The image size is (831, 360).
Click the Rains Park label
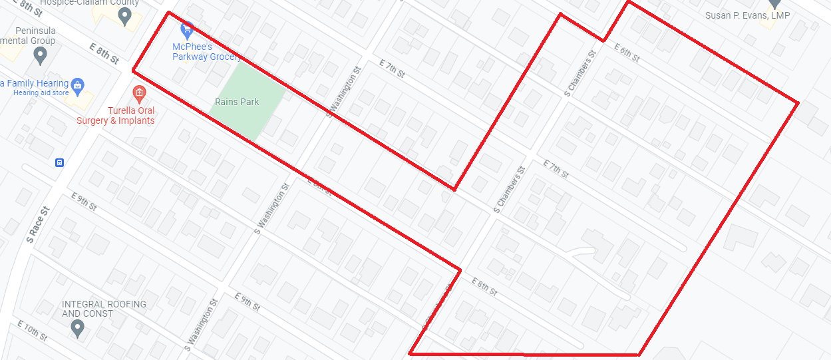[x=237, y=102]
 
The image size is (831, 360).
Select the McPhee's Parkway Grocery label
[x=206, y=52]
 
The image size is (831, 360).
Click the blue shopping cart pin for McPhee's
[x=188, y=30]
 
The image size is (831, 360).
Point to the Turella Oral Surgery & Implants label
[x=115, y=116]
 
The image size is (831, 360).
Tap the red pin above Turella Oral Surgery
[x=139, y=92]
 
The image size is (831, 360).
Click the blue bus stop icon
[x=59, y=162]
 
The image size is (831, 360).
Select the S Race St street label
[x=37, y=224]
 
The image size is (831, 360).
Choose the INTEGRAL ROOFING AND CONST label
[x=104, y=309]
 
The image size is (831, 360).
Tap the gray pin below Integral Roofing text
[x=78, y=327]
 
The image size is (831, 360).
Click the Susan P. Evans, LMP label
[x=748, y=15]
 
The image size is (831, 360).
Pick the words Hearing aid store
[x=41, y=93]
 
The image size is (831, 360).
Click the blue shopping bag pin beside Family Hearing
[x=78, y=85]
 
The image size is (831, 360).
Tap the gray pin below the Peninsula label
[x=41, y=56]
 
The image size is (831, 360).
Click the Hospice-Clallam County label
[x=99, y=3]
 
